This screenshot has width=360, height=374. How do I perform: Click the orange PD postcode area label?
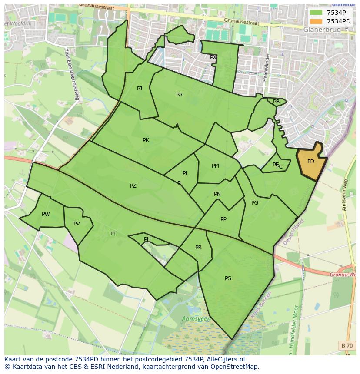coord(310,162)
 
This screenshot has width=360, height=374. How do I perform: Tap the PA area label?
coord(179,95)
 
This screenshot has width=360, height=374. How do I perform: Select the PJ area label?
coord(140,89)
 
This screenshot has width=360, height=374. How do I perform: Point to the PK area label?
coord(146,140)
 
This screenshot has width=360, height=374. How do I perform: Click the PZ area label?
coord(133,186)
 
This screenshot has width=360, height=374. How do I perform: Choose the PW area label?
coord(46,214)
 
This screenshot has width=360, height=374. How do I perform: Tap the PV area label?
coord(77,224)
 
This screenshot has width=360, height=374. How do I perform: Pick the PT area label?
coord(113,234)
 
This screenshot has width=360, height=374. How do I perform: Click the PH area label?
coord(147,239)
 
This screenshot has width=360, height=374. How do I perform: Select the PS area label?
coord(228,278)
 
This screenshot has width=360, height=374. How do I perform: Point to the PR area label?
coord(198,248)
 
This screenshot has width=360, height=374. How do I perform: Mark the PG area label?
coord(255,203)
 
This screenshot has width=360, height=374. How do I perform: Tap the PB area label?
coord(276,102)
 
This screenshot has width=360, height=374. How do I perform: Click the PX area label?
coord(213,57)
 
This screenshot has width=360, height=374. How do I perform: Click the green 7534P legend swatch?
coord(316,12)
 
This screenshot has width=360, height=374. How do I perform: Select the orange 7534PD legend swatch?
coord(316,21)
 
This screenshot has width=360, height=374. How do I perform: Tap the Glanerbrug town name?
coord(322,30)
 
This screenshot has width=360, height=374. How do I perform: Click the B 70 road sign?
coord(347,345)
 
